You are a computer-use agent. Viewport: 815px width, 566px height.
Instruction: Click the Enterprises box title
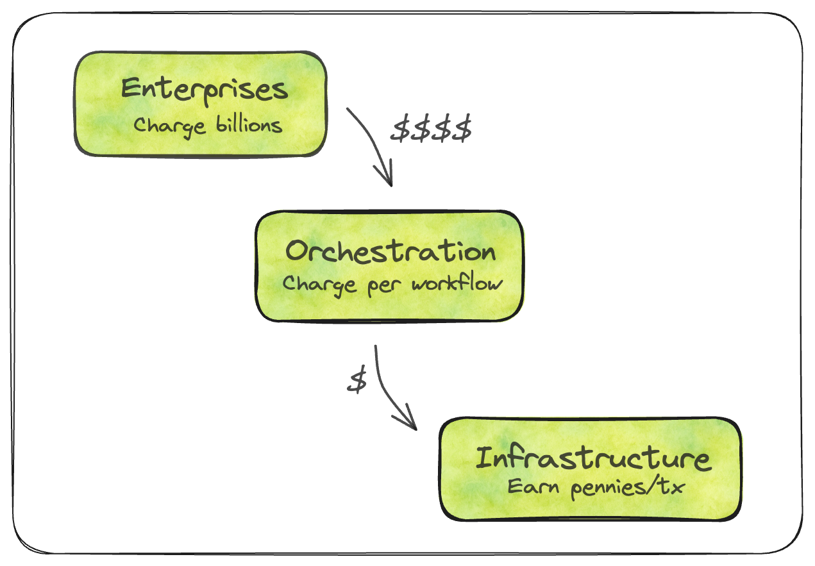[205, 89]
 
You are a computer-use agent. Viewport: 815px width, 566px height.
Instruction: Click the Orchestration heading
[391, 251]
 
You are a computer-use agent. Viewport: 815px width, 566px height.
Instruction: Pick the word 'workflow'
[457, 283]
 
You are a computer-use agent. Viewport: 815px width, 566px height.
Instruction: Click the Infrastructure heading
[592, 458]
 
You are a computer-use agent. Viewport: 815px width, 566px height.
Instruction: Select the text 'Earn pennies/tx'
[596, 488]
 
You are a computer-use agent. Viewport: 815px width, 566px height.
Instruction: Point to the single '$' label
[357, 381]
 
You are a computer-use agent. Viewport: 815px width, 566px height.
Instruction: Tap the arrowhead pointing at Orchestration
[387, 178]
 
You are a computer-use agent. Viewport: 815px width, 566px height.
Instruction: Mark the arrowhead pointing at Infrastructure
[408, 423]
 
